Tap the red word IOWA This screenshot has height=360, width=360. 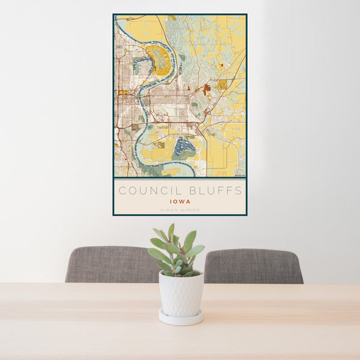(x=180, y=202)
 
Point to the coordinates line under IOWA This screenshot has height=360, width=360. (x=180, y=209)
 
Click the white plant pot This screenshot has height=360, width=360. (x=181, y=293)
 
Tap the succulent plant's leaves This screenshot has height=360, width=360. (x=176, y=252)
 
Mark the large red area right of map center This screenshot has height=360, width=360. (x=207, y=90)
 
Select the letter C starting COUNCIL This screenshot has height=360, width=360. (x=122, y=191)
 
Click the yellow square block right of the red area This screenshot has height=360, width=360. (x=222, y=85)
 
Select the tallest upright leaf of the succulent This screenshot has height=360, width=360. (x=172, y=232)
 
